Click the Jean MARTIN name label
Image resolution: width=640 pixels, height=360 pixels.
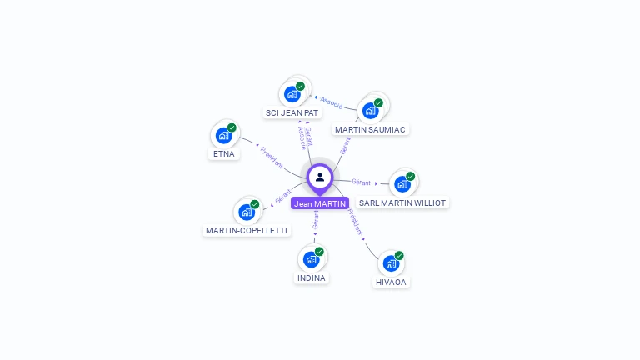(x=320, y=203)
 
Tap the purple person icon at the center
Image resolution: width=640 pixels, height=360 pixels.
(x=320, y=177)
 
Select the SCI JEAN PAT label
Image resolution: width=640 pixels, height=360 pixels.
(x=292, y=112)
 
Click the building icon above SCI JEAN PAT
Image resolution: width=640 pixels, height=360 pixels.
(x=292, y=93)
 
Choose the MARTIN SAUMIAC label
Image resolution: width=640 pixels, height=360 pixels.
(x=370, y=129)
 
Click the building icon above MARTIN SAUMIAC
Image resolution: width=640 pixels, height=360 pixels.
(x=371, y=110)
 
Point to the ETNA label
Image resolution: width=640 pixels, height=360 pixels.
(x=224, y=153)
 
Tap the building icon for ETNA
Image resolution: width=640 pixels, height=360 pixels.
(x=224, y=135)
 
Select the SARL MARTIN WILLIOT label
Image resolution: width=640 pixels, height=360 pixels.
(x=402, y=202)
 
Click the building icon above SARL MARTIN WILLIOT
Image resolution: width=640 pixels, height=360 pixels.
(x=402, y=183)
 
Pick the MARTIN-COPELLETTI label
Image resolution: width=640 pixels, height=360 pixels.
(x=247, y=230)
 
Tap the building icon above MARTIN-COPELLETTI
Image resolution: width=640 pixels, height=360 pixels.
(x=247, y=212)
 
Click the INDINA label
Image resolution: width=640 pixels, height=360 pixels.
(x=312, y=277)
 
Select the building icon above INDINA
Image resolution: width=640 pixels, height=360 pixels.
(x=312, y=259)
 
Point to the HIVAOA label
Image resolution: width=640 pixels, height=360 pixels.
(x=391, y=282)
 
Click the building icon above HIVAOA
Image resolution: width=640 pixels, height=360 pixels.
(x=391, y=263)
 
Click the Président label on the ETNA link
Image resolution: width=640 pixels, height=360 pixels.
(x=272, y=156)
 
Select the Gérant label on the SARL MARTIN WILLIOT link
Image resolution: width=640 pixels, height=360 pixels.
(x=362, y=182)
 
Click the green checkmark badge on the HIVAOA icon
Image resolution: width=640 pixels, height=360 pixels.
(x=399, y=255)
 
